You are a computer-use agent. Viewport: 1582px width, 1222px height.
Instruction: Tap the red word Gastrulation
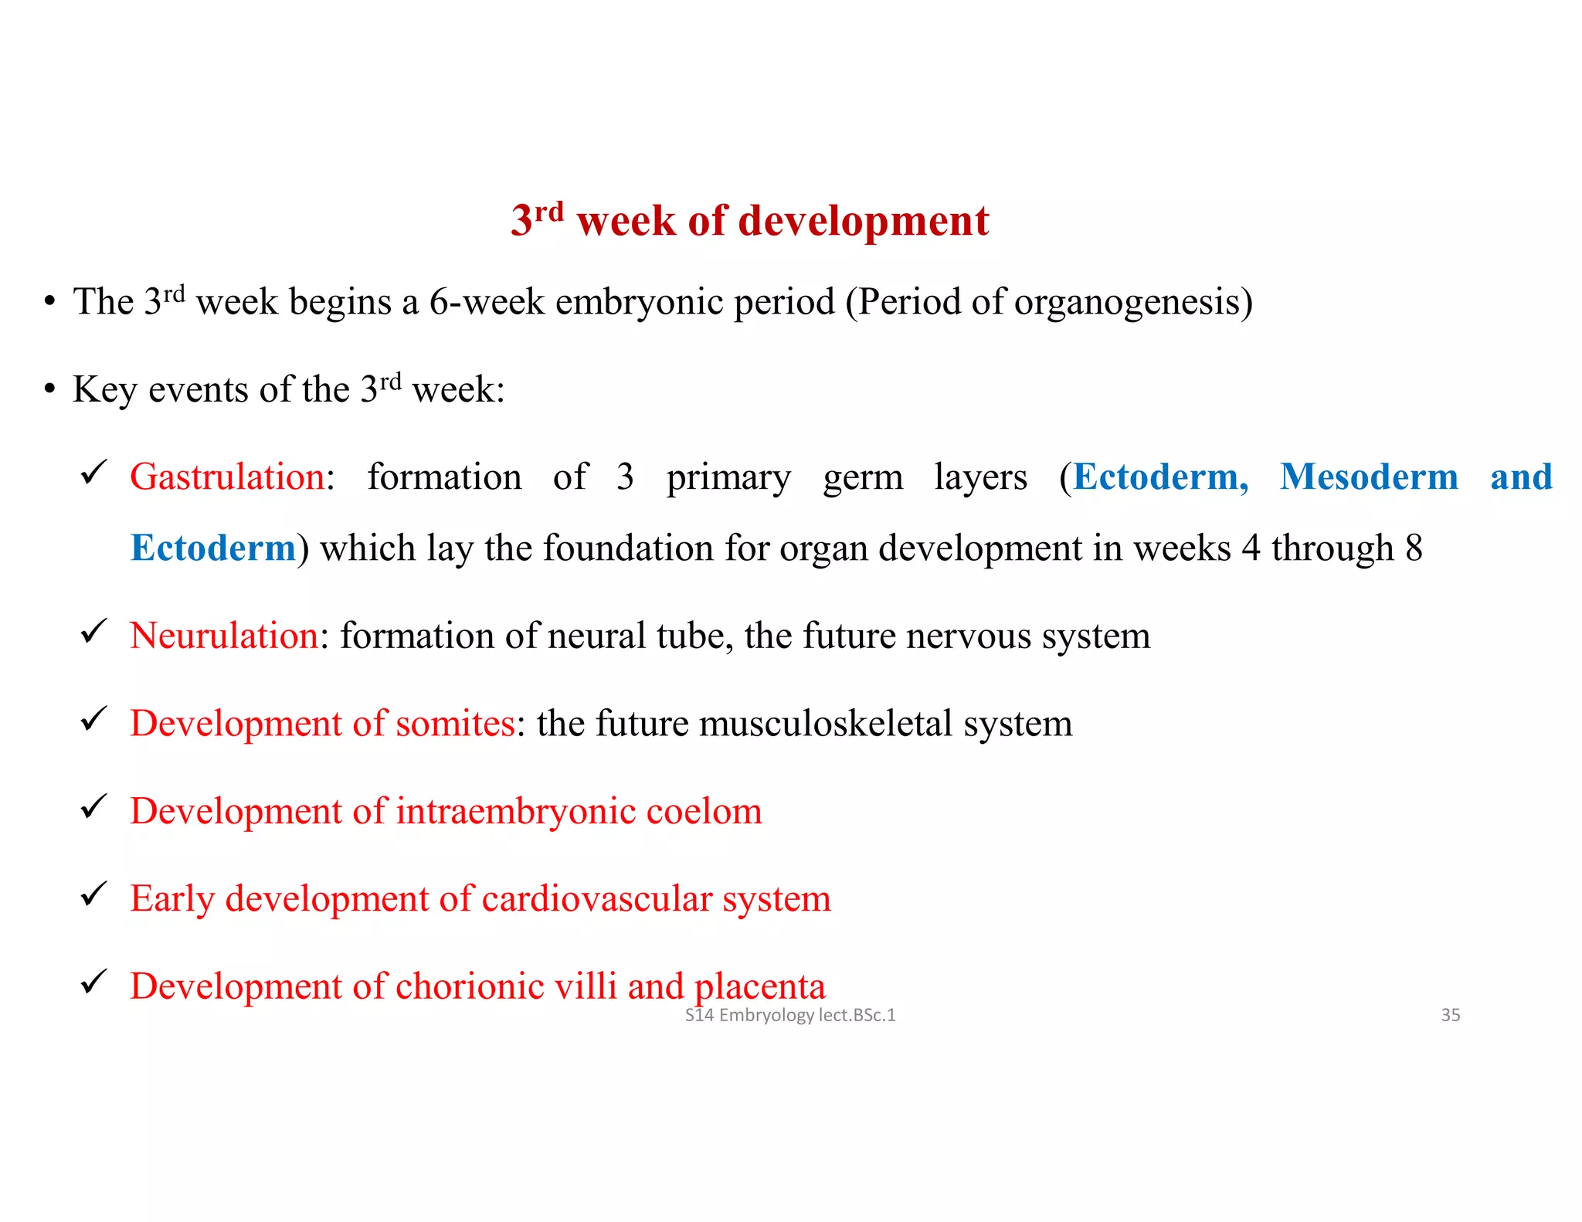227,477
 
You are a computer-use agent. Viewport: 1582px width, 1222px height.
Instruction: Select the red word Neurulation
224,636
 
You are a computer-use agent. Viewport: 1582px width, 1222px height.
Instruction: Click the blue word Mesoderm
1369,477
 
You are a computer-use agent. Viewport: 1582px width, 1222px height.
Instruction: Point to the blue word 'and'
1521,477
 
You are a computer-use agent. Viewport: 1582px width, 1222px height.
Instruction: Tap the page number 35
1450,1015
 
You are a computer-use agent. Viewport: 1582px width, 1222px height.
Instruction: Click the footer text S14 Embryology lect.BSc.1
789,1015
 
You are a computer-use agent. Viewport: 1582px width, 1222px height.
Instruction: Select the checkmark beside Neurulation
93,632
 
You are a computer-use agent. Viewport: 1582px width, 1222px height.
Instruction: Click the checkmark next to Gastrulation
93,473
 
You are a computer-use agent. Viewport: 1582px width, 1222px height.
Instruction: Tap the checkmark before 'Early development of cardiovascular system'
93,894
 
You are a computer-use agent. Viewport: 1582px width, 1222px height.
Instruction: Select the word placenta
759,987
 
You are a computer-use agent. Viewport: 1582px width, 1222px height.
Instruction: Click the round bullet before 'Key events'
49,389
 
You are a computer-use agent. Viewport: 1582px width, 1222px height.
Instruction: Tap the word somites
455,724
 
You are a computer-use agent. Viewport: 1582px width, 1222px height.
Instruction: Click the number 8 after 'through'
1413,548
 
